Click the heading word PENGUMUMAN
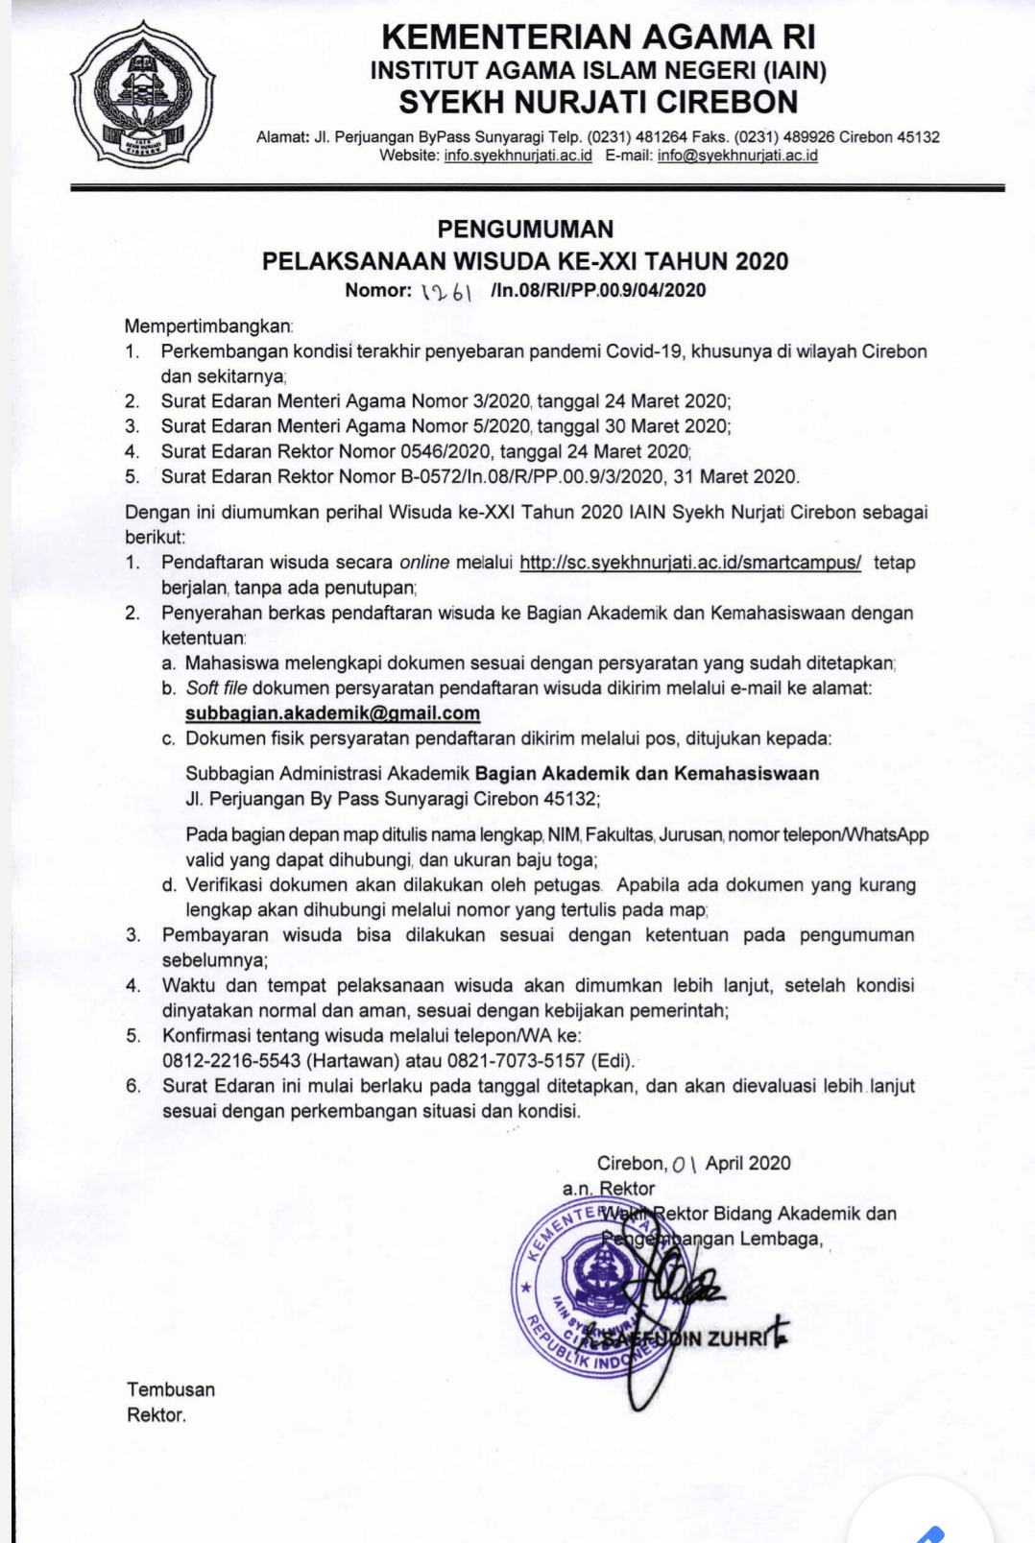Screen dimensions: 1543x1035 (525, 229)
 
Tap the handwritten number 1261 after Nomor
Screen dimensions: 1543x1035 (447, 291)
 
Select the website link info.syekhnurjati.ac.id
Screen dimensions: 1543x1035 (517, 156)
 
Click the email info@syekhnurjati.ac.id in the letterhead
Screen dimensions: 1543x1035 (737, 156)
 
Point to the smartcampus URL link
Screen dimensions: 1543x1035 (690, 563)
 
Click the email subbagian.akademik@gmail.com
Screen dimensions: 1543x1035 (332, 713)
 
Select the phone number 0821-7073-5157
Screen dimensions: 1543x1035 (516, 1061)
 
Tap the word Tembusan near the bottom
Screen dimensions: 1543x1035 (171, 1389)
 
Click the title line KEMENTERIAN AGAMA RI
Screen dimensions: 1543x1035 (598, 36)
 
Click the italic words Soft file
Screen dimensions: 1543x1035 (216, 688)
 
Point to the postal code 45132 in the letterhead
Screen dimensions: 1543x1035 (918, 137)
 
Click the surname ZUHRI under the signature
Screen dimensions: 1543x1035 (737, 1338)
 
